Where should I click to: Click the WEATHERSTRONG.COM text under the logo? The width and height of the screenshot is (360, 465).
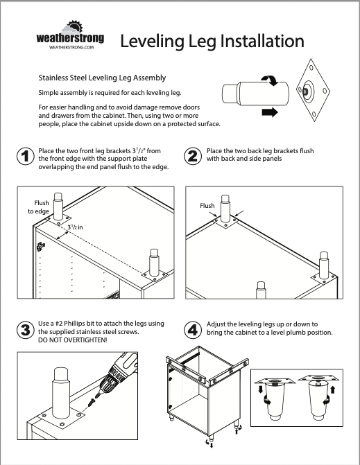[71, 47]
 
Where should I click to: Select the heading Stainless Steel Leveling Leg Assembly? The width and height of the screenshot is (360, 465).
[102, 78]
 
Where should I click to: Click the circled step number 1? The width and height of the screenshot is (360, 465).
[25, 157]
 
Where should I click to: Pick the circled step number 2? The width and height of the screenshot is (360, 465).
[193, 157]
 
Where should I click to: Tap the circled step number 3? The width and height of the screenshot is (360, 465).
[25, 330]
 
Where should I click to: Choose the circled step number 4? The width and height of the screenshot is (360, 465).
[193, 330]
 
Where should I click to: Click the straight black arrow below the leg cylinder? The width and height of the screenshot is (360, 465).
[270, 112]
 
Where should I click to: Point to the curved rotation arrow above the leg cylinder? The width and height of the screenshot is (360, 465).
[270, 80]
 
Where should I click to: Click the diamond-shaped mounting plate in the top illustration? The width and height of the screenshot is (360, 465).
[313, 90]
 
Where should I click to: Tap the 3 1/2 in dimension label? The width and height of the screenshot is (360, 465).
[75, 227]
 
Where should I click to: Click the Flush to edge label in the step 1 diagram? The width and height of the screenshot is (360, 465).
[39, 207]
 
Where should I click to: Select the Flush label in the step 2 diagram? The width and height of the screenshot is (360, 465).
[207, 206]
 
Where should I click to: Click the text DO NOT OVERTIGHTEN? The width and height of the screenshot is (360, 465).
[73, 340]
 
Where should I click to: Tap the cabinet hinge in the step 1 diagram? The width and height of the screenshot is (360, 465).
[41, 246]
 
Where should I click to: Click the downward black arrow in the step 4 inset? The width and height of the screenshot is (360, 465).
[261, 389]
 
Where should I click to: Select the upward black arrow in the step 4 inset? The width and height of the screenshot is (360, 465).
[333, 389]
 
